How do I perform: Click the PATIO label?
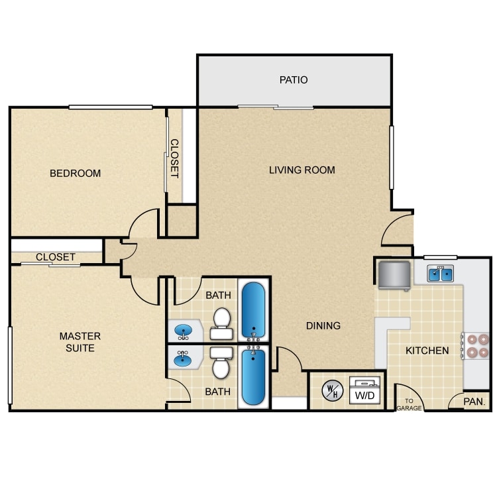294,80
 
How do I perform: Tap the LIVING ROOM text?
302,170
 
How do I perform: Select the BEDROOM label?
76,174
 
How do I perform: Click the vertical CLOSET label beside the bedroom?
174,158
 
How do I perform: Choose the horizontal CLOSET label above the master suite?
56,257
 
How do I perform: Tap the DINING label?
323,325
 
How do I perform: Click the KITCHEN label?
427,350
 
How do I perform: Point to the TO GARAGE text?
408,405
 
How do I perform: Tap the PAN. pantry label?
474,402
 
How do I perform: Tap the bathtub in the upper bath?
252,310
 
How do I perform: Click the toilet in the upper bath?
221,319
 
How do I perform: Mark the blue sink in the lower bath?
183,360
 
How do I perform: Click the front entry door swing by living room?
398,232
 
